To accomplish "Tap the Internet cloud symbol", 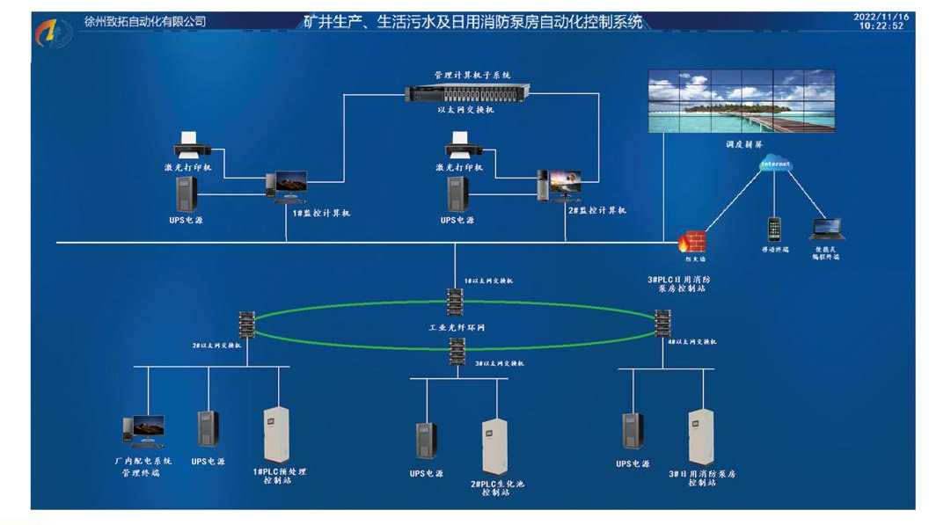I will point(775,164).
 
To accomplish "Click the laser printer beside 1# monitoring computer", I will point(190,143).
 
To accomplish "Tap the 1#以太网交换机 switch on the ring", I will point(455,302).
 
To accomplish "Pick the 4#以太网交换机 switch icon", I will point(662,323).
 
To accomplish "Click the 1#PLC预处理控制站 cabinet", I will point(277,434).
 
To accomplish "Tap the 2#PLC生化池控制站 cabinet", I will point(494,447).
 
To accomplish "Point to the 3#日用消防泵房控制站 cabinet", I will point(701,437).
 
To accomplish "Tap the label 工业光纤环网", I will point(456,328).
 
